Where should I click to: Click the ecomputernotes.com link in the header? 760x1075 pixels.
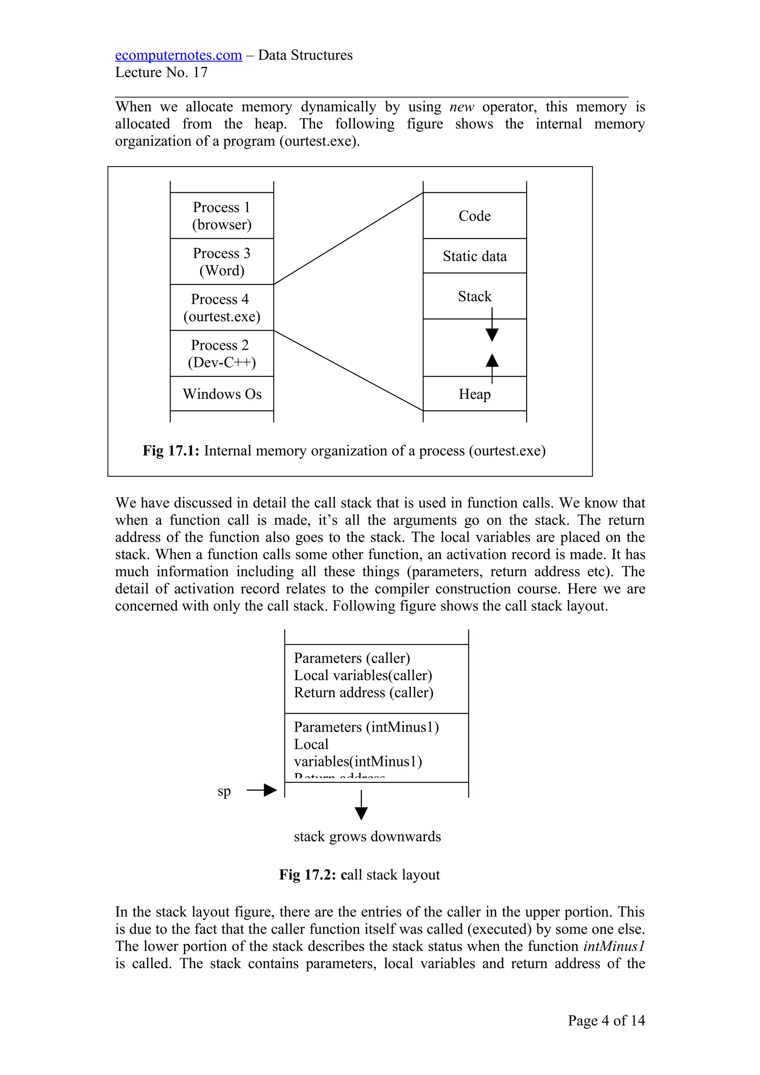178,55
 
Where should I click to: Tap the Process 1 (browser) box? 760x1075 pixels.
222,216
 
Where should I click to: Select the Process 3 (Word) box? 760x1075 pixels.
222,262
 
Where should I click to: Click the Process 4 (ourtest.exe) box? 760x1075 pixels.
222,308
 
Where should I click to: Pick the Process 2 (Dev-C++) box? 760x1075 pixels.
222,354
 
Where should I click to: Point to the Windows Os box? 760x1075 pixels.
222,394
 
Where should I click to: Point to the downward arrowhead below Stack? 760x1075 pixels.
492,335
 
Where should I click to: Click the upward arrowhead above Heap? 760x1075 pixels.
492,361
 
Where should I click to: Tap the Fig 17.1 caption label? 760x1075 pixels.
171,450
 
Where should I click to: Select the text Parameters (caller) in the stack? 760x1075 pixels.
352,658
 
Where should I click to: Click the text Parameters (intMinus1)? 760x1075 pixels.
366,727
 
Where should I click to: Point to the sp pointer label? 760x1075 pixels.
224,791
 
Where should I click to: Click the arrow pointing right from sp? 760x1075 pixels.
262,790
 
